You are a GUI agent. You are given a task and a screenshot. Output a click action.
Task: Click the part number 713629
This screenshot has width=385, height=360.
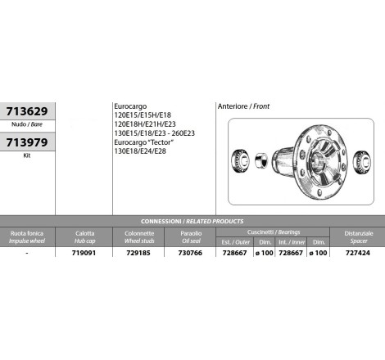27,111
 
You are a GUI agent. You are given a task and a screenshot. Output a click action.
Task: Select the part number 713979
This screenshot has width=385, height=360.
27,142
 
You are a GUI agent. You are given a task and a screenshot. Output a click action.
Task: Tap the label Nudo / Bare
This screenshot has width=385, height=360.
27,124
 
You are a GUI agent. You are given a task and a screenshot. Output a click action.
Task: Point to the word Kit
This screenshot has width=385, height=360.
27,155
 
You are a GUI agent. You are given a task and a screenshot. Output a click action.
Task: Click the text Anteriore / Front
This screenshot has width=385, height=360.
243,106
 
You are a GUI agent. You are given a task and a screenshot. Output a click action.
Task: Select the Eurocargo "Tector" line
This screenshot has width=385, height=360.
144,142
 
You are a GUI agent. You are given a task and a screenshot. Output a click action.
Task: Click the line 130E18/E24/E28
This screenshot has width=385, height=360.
140,151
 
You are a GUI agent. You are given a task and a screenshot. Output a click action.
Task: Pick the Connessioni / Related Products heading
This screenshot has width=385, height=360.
192,221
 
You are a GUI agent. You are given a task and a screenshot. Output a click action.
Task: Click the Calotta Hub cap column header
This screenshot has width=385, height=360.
84,237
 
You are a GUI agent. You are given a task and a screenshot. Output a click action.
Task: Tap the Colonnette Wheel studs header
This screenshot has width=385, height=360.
139,237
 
